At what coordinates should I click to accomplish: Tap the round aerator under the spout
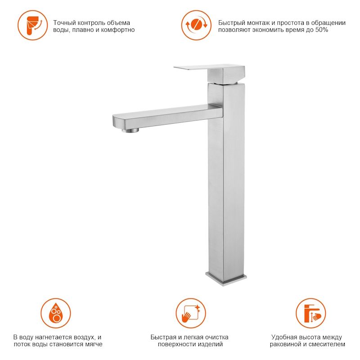tap(130, 130)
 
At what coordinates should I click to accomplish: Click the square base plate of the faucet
tap(226, 279)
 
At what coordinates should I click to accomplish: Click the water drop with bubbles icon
tap(56, 313)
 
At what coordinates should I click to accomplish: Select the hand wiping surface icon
tap(191, 313)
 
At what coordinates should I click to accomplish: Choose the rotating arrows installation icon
tap(196, 25)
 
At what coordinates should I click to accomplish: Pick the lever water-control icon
tap(33, 25)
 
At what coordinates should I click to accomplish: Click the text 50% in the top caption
tap(321, 30)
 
